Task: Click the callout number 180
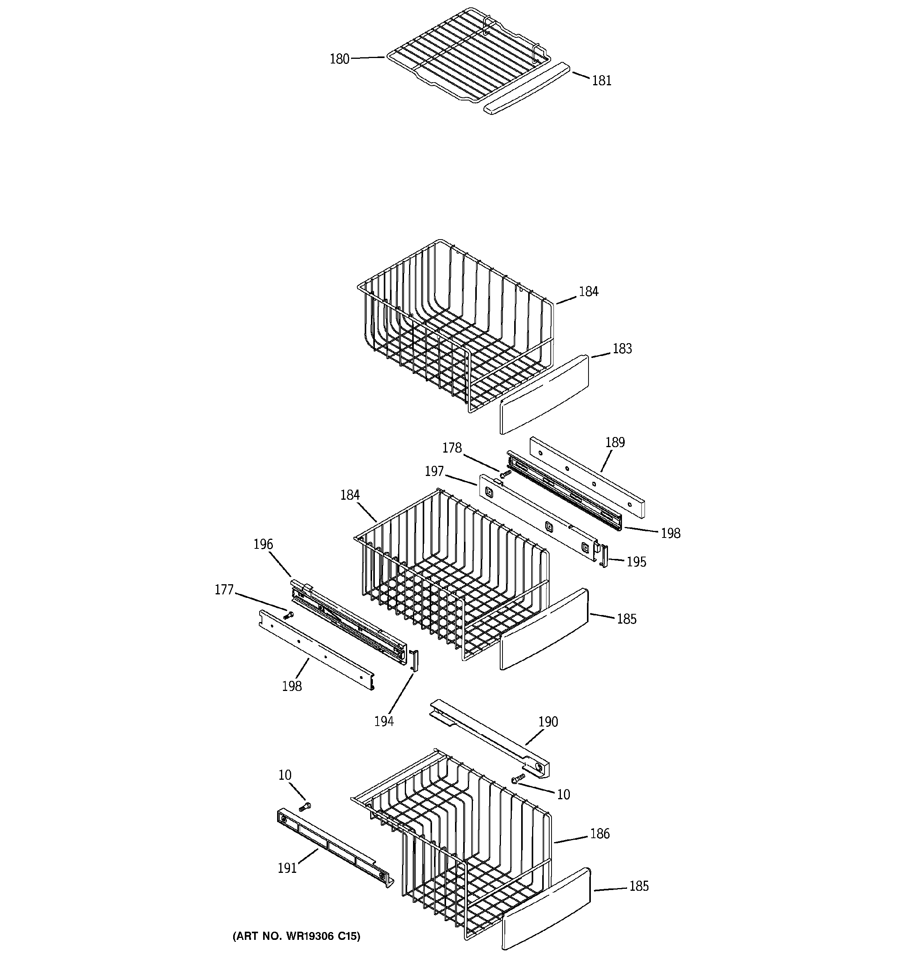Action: coord(339,59)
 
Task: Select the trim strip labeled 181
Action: coord(525,88)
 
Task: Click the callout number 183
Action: coord(622,349)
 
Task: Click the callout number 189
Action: coord(615,442)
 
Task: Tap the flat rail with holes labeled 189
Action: coord(587,477)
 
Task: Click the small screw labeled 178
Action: coord(506,473)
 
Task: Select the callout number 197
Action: coord(434,471)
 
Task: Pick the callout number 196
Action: coord(263,544)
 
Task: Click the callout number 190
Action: coord(548,722)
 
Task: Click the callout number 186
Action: coord(599,834)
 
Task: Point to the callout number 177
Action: coord(224,590)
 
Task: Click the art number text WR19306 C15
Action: coord(296,936)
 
